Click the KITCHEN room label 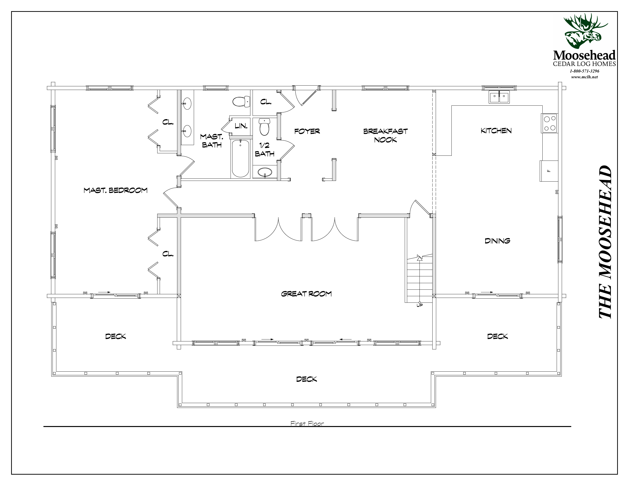click(496, 131)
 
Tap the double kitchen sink click(499, 97)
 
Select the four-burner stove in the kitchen click(549, 123)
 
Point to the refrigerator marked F click(549, 171)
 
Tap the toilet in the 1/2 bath click(264, 127)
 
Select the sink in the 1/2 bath click(265, 172)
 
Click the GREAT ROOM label click(306, 294)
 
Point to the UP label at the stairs click(420, 305)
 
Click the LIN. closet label click(241, 126)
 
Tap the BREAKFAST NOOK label click(385, 135)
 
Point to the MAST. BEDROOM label click(115, 190)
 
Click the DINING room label click(497, 241)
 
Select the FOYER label click(307, 131)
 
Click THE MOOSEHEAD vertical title click(605, 242)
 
